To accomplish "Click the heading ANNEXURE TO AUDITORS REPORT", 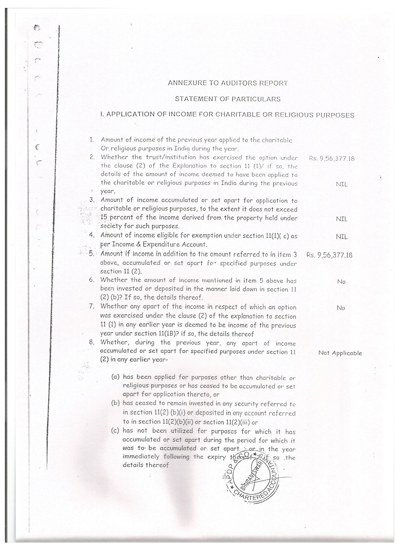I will (228, 83).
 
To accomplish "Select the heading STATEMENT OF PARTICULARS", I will (228, 99).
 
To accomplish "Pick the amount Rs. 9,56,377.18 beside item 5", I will (330, 255).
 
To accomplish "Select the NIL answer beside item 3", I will (341, 219).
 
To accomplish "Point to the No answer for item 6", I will (341, 282).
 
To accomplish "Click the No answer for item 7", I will (341, 308).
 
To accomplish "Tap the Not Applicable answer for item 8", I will (340, 353).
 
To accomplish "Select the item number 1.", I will (91, 140).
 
